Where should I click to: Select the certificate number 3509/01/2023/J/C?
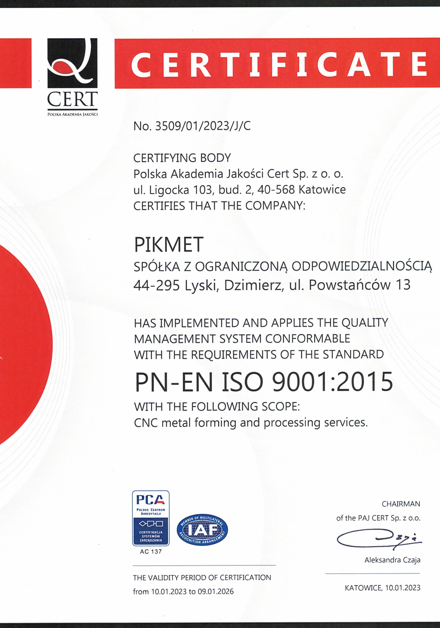[x=203, y=126]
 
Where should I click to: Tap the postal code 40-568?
[x=276, y=189]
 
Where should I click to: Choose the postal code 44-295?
[x=156, y=285]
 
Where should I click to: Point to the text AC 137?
[x=151, y=552]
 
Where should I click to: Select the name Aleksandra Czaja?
[x=392, y=560]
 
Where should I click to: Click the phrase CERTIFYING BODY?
[x=182, y=158]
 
